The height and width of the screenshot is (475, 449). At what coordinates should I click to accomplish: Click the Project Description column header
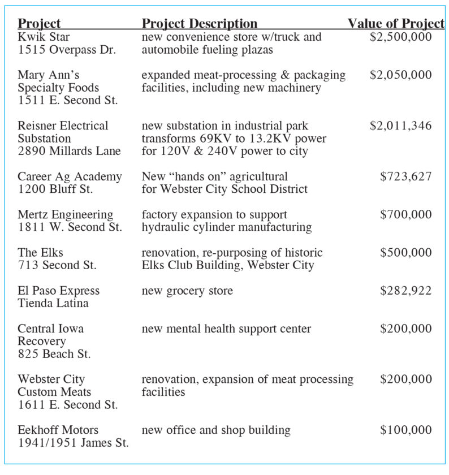[199, 24]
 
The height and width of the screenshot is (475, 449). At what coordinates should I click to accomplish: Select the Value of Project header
[395, 24]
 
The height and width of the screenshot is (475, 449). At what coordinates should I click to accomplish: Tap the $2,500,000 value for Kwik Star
[400, 37]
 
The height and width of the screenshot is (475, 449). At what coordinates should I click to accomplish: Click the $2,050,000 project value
[400, 75]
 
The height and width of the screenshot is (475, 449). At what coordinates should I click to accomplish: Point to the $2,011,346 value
[400, 126]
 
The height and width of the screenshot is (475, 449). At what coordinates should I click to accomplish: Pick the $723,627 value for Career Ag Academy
[405, 176]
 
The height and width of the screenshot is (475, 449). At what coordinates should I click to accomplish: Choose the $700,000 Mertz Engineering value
[405, 215]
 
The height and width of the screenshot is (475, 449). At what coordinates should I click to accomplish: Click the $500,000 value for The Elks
[405, 253]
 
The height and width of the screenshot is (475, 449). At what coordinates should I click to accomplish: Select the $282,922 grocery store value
[405, 291]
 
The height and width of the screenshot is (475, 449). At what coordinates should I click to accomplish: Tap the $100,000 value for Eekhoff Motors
[405, 430]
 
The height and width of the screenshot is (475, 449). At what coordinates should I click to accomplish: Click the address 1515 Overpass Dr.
[67, 50]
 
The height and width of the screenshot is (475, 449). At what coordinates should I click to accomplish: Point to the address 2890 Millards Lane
[69, 151]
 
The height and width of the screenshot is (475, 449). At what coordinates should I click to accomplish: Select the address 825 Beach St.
[54, 355]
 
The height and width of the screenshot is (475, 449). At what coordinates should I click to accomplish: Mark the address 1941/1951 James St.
[73, 443]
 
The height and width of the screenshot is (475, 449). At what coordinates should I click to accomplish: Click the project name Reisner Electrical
[63, 126]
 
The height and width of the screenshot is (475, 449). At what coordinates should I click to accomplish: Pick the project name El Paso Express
[58, 291]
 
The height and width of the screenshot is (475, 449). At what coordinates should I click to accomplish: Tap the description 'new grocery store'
[187, 291]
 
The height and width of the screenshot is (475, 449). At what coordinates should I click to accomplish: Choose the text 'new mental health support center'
[226, 329]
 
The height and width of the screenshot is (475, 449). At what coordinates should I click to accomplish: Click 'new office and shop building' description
[216, 430]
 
